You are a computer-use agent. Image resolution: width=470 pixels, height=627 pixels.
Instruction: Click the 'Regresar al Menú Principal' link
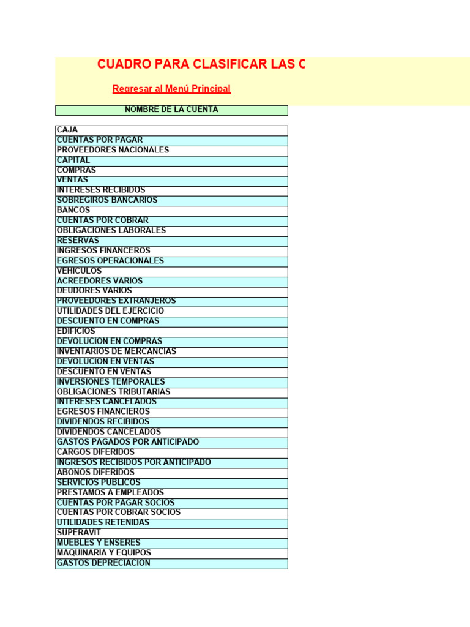[x=171, y=89]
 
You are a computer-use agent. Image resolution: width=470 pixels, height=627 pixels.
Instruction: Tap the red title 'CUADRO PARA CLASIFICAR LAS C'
[x=201, y=65]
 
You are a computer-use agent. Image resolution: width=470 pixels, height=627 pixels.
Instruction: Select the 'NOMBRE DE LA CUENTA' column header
[x=171, y=110]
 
